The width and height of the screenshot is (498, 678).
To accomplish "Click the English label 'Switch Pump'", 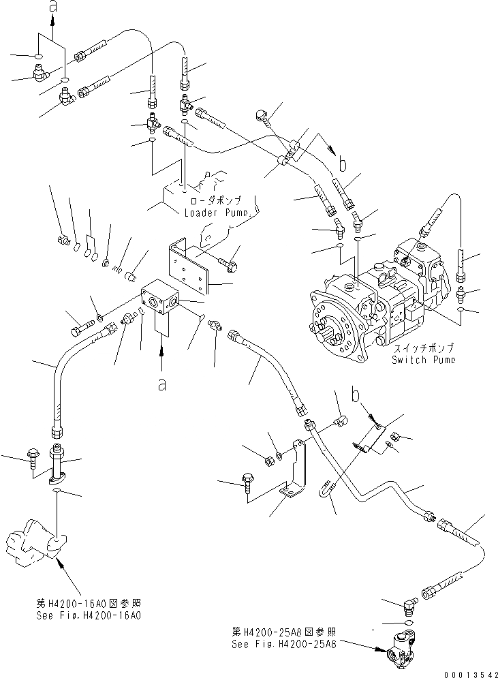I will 424,359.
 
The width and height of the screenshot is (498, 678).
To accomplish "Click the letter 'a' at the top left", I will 52,7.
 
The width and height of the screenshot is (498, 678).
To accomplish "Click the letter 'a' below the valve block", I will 161,385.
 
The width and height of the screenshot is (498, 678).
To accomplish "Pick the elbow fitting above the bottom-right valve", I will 408,603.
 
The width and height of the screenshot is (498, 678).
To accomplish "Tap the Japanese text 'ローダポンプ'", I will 217,201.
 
